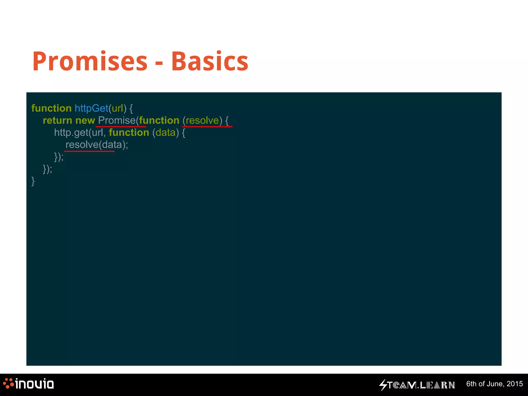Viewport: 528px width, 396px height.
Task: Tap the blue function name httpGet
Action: coord(91,108)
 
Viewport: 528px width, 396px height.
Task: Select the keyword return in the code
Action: coord(57,120)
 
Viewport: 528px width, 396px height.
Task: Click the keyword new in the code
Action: coord(85,120)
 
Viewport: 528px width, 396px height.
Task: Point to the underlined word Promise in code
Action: coord(117,120)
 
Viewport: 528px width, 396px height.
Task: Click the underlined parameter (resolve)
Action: coord(202,120)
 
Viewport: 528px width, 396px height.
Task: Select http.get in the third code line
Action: coord(71,133)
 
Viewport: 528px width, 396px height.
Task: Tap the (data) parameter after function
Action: coord(166,133)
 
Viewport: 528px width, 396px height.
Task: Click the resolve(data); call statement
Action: coord(97,145)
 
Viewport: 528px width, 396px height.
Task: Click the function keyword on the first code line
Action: coord(51,108)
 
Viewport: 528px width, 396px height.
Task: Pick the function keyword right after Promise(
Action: coord(159,120)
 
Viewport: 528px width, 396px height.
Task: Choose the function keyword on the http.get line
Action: coord(129,133)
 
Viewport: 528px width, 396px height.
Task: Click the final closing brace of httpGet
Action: coord(33,181)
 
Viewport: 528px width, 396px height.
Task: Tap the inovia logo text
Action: coord(34,384)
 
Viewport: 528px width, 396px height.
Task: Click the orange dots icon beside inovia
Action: coord(8,383)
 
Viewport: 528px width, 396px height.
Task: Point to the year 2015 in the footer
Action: coord(515,384)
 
